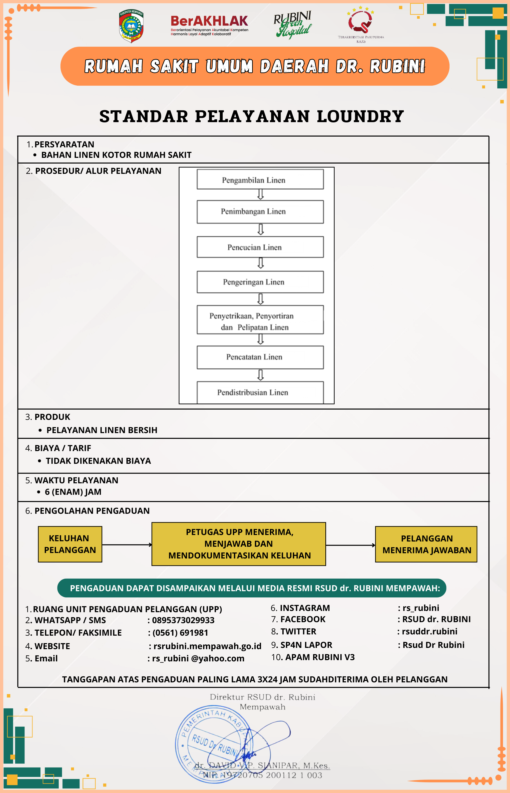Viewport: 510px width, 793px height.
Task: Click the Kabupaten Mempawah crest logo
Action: pyautogui.click(x=131, y=26)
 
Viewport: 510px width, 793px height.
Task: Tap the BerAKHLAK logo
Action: pyautogui.click(x=209, y=25)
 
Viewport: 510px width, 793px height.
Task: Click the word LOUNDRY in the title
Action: pyautogui.click(x=360, y=116)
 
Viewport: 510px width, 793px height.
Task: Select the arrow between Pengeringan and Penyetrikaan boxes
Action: pyautogui.click(x=261, y=299)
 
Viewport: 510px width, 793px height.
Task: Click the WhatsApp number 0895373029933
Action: pyautogui.click(x=183, y=620)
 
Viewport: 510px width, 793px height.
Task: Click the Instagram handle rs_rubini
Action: pyautogui.click(x=421, y=608)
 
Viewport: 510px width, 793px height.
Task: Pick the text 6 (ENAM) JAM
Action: pyautogui.click(x=73, y=492)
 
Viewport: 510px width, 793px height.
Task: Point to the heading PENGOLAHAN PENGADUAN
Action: pyautogui.click(x=92, y=511)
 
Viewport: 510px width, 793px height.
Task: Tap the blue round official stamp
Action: pyautogui.click(x=212, y=745)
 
